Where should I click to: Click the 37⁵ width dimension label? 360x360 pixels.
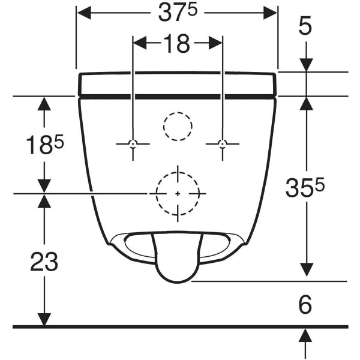(x=178, y=13)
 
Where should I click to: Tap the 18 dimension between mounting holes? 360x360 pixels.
(x=177, y=43)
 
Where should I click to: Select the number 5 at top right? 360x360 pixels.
(x=305, y=26)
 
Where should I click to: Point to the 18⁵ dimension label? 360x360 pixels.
(x=44, y=145)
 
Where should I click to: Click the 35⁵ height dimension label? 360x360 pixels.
(x=305, y=188)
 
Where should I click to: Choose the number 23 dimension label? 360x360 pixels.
(x=44, y=261)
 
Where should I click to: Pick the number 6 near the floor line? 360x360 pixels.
(x=305, y=304)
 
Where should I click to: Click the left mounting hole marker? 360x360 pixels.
(x=133, y=144)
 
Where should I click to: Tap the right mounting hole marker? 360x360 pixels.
(x=222, y=144)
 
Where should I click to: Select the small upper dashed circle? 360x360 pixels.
(x=178, y=113)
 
